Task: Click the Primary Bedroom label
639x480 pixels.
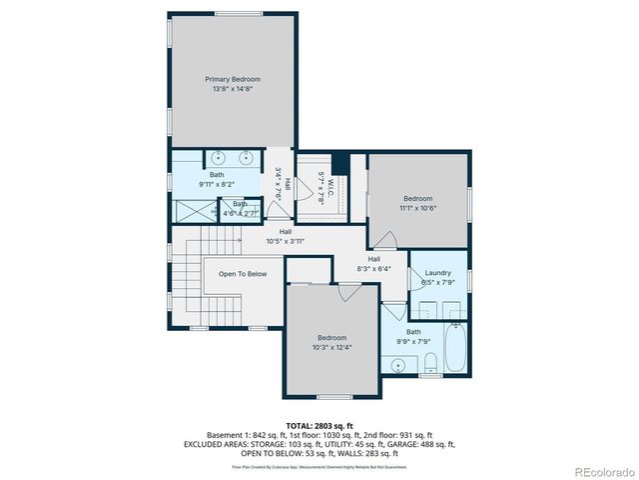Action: click(233, 79)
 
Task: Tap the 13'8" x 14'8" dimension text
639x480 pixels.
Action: click(233, 89)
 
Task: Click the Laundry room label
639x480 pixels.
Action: click(437, 273)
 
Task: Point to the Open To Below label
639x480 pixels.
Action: click(236, 273)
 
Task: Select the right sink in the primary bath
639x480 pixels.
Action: click(246, 157)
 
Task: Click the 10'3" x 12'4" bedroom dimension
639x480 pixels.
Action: click(331, 348)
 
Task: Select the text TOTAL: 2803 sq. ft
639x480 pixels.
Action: click(319, 426)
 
